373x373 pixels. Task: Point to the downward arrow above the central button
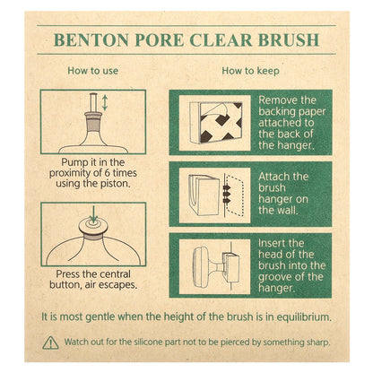(x=93, y=213)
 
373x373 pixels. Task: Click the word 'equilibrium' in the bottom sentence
(x=292, y=317)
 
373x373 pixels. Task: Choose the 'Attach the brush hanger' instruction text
(x=287, y=193)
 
